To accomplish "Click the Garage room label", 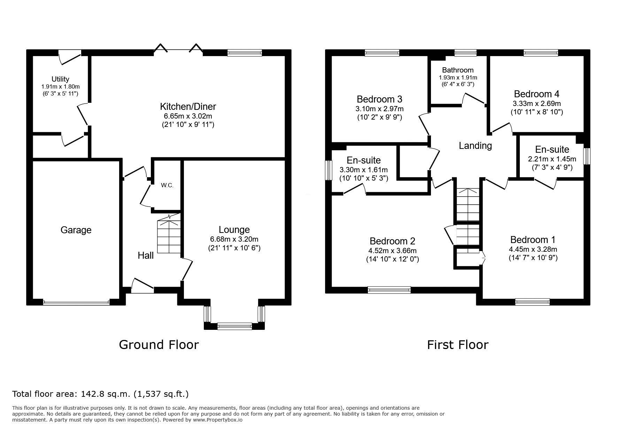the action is [x=76, y=230].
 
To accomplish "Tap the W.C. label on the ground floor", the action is [x=167, y=185].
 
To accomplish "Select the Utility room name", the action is [x=60, y=79].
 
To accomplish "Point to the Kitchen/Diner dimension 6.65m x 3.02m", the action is [x=188, y=116].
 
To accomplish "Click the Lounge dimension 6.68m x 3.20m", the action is [x=234, y=239].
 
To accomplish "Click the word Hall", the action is [x=146, y=256].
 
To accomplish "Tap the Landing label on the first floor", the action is [x=475, y=146].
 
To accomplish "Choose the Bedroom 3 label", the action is [x=380, y=99].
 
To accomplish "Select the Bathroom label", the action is [x=458, y=70].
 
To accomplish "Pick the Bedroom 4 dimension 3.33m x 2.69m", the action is [x=537, y=104].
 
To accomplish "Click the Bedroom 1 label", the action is [x=533, y=240].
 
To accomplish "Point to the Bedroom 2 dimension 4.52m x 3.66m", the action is [x=392, y=251].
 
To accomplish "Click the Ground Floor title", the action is [x=159, y=344].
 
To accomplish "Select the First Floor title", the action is [x=458, y=344].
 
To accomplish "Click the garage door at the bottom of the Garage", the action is [x=76, y=302].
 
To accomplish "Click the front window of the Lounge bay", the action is [x=234, y=326].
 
